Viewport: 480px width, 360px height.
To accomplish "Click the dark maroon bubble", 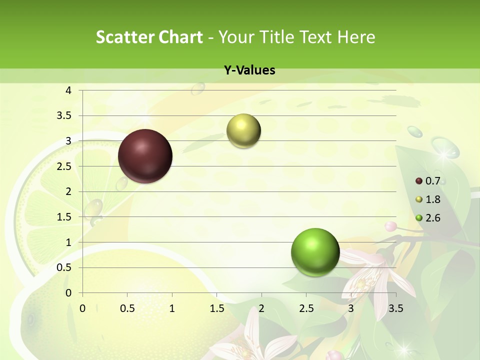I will [145, 156].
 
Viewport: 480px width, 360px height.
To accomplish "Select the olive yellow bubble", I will [243, 131].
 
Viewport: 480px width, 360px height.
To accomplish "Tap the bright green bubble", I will [315, 252].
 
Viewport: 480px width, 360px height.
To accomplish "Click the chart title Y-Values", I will [249, 70].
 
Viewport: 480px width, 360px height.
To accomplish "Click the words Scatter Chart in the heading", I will [149, 37].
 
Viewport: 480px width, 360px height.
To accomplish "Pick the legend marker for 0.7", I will [419, 181].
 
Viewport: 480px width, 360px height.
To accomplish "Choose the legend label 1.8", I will [432, 199].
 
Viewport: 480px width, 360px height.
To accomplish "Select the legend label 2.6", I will [432, 217].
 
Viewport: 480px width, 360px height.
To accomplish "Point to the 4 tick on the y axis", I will [68, 90].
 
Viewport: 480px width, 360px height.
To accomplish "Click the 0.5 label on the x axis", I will [127, 308].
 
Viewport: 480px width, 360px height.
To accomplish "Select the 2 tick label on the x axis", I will [261, 308].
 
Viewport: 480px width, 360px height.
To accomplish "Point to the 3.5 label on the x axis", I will [395, 308].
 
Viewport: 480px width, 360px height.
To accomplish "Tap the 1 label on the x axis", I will [172, 308].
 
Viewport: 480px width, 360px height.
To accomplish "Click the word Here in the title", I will [356, 37].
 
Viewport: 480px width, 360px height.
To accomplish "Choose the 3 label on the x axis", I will [351, 308].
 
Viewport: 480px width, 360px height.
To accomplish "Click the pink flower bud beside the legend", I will [390, 226].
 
